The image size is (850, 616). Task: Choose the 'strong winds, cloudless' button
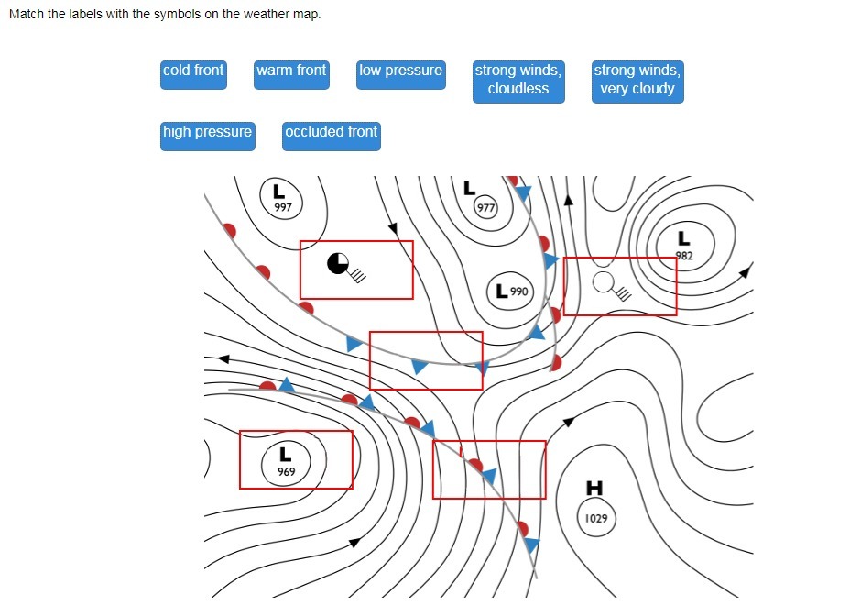pyautogui.click(x=518, y=81)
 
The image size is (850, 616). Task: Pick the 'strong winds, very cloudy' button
pyautogui.click(x=637, y=81)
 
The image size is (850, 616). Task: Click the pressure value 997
pyautogui.click(x=283, y=208)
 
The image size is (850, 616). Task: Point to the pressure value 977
pyautogui.click(x=485, y=208)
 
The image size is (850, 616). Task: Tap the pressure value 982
pyautogui.click(x=684, y=256)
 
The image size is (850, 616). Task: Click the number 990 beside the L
pyautogui.click(x=519, y=291)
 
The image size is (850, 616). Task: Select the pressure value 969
pyautogui.click(x=287, y=472)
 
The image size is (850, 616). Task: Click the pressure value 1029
pyautogui.click(x=596, y=519)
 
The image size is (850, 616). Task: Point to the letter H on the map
pyautogui.click(x=594, y=488)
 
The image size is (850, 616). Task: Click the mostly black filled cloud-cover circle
pyautogui.click(x=338, y=264)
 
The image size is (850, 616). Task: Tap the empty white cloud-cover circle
pyautogui.click(x=603, y=281)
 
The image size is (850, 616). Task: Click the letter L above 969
pyautogui.click(x=286, y=454)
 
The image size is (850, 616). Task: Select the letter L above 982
pyautogui.click(x=683, y=238)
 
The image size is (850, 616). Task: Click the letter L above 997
pyautogui.click(x=279, y=192)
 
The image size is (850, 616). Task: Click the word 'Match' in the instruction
pyautogui.click(x=27, y=15)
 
